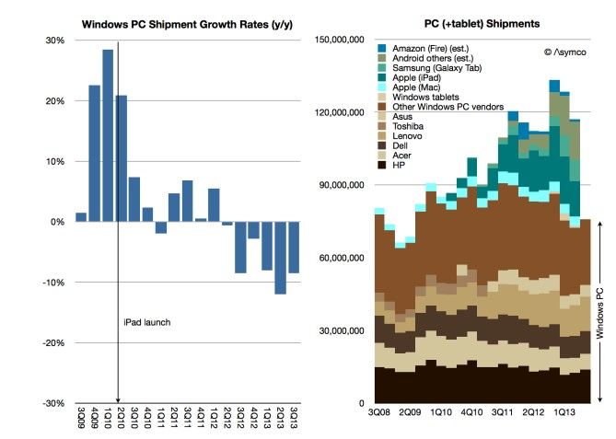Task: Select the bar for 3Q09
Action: pos(81,217)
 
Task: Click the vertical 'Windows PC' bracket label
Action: pos(599,312)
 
